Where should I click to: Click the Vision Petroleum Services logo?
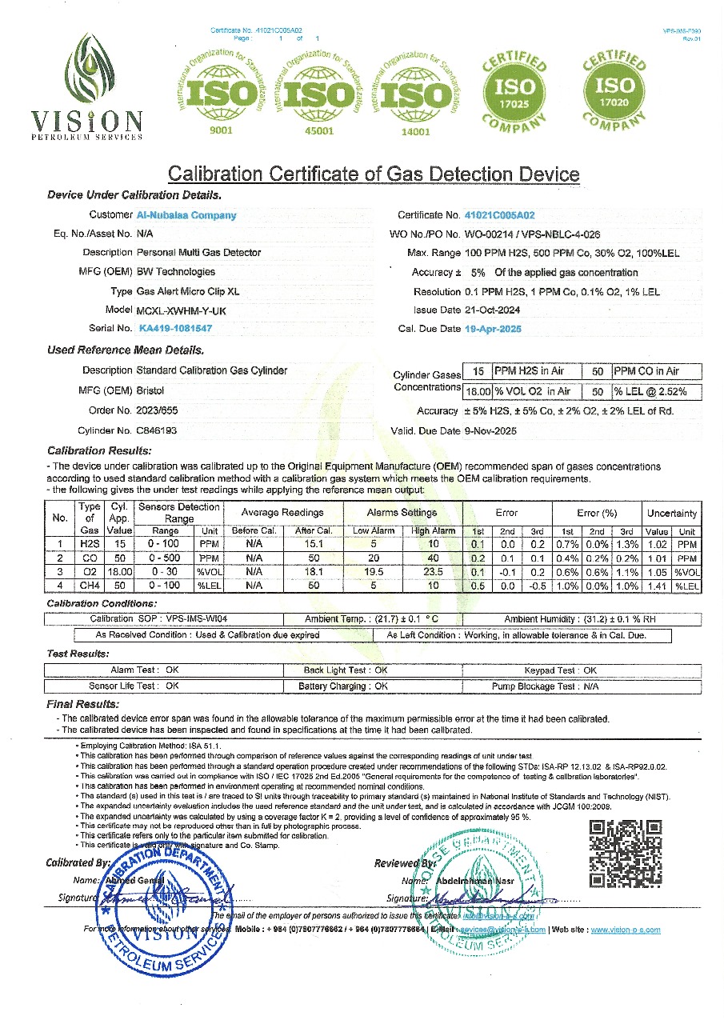click(x=86, y=86)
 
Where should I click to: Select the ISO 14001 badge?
click(x=416, y=94)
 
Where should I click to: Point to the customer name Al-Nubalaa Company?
click(x=187, y=215)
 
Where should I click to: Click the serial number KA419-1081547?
click(x=175, y=328)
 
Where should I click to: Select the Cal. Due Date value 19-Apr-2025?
click(x=493, y=328)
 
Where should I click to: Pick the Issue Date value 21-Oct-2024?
click(x=494, y=310)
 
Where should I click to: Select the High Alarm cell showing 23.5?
click(x=433, y=572)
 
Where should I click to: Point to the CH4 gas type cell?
click(x=89, y=586)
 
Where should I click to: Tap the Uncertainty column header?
click(x=672, y=513)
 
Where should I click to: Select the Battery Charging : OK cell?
click(x=344, y=686)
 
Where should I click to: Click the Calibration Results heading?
click(x=99, y=451)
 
